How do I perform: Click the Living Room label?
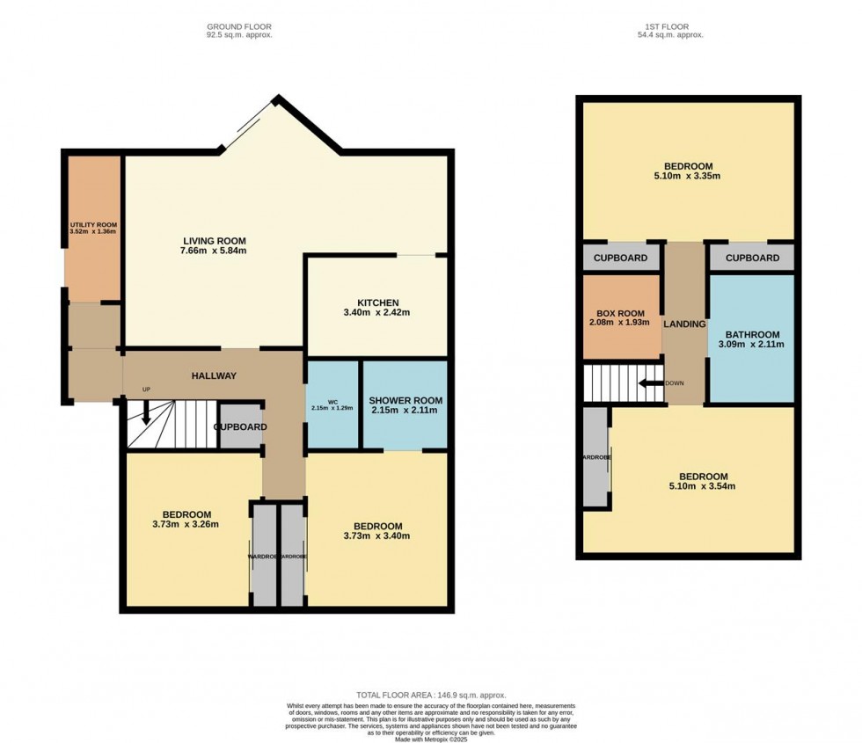click(x=214, y=241)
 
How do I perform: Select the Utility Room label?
click(x=93, y=225)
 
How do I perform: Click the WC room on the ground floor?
click(x=331, y=404)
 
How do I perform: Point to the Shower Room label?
click(x=405, y=400)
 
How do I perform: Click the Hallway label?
click(x=215, y=376)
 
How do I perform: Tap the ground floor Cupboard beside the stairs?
click(x=240, y=427)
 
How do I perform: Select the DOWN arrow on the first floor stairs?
click(x=651, y=383)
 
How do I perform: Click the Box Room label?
click(x=621, y=313)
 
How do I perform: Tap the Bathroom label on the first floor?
click(x=752, y=335)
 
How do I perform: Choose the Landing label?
click(x=684, y=324)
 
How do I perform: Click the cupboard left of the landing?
click(x=621, y=258)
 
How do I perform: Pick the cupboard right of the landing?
click(x=751, y=258)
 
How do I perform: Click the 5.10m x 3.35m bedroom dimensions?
click(x=688, y=176)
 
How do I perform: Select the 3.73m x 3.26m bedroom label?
click(x=186, y=525)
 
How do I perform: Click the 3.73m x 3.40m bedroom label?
click(x=377, y=536)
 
